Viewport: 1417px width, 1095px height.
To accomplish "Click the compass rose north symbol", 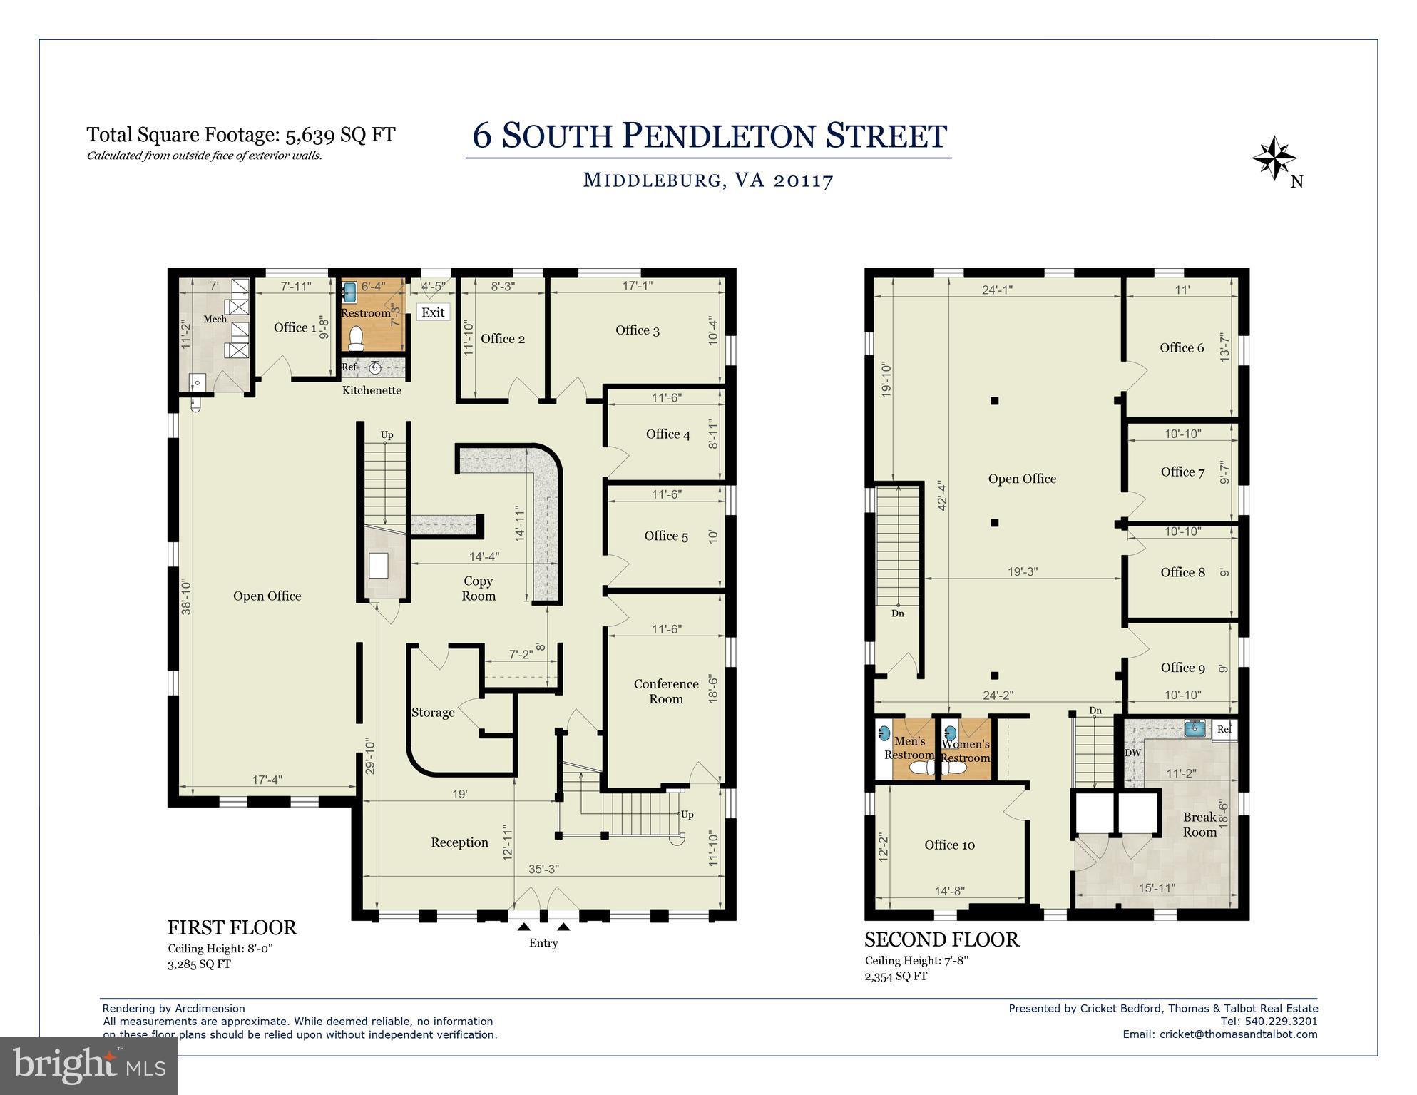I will (1274, 158).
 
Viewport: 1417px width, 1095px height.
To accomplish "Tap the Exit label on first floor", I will (433, 312).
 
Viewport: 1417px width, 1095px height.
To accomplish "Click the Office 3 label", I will (637, 330).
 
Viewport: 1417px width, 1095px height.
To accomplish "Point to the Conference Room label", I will (665, 691).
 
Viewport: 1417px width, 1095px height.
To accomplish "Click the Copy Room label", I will (478, 589).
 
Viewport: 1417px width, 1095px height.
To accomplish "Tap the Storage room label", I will (433, 713).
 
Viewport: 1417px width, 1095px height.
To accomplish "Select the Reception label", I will (459, 842).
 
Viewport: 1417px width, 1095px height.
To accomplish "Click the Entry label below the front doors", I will (543, 943).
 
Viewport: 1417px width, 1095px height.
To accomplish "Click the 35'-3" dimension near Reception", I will (543, 870).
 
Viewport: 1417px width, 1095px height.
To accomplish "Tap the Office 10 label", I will (949, 845).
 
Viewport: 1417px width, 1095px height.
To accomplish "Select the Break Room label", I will (1199, 825).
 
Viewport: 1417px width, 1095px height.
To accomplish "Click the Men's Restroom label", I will (909, 748).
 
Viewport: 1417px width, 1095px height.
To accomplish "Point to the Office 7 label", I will (1182, 472).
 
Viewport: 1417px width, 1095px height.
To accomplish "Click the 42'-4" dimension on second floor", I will (943, 496).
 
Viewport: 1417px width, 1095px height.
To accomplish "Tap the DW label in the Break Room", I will (1132, 753).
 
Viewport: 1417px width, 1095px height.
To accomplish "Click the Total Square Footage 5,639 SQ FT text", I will (241, 135).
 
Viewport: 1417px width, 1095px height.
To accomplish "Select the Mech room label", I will (215, 319).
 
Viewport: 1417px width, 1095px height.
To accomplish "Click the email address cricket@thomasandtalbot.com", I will (1238, 1034).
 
